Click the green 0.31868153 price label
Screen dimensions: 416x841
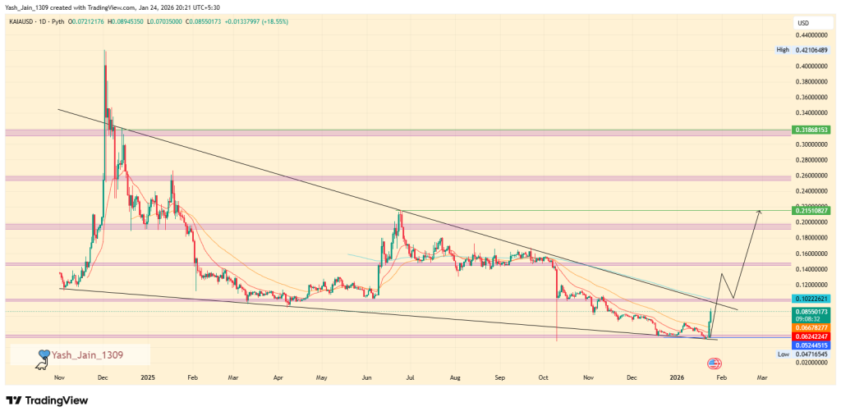pyautogui.click(x=811, y=130)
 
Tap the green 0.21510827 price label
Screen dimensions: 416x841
pyautogui.click(x=811, y=211)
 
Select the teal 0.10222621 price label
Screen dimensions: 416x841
pyautogui.click(x=811, y=299)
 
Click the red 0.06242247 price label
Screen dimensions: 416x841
pyautogui.click(x=811, y=336)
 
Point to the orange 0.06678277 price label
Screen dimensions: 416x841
pyautogui.click(x=811, y=327)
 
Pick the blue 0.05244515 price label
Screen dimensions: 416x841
pyautogui.click(x=811, y=345)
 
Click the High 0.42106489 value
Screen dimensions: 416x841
pyautogui.click(x=812, y=50)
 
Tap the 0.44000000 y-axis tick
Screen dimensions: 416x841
pyautogui.click(x=811, y=35)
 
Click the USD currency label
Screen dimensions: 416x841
pyautogui.click(x=803, y=23)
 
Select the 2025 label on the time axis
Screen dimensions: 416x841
pyautogui.click(x=148, y=377)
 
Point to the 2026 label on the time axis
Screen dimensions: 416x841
pyautogui.click(x=677, y=377)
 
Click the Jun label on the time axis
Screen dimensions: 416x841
pyautogui.click(x=366, y=377)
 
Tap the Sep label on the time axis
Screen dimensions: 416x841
pyautogui.click(x=499, y=377)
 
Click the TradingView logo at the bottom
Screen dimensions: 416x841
pyautogui.click(x=47, y=400)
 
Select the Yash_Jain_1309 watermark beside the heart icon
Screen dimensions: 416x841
pyautogui.click(x=87, y=354)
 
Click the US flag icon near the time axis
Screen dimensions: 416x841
pyautogui.click(x=714, y=363)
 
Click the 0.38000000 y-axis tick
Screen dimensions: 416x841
pyautogui.click(x=811, y=82)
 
